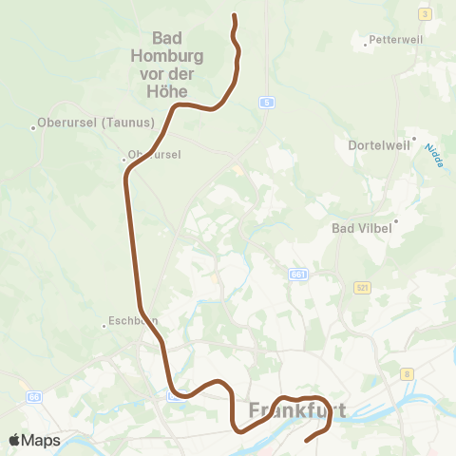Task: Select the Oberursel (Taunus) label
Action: [81, 123]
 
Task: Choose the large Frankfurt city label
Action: [296, 411]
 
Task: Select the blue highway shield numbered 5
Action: [269, 102]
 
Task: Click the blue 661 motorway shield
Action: [298, 274]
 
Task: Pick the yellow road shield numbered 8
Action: [407, 374]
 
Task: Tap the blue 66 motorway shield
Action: [34, 396]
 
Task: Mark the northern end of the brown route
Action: [234, 15]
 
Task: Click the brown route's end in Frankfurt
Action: [306, 441]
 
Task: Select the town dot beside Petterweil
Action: [366, 43]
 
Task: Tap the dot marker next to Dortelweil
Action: [412, 138]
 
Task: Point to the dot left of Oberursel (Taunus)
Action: [33, 128]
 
